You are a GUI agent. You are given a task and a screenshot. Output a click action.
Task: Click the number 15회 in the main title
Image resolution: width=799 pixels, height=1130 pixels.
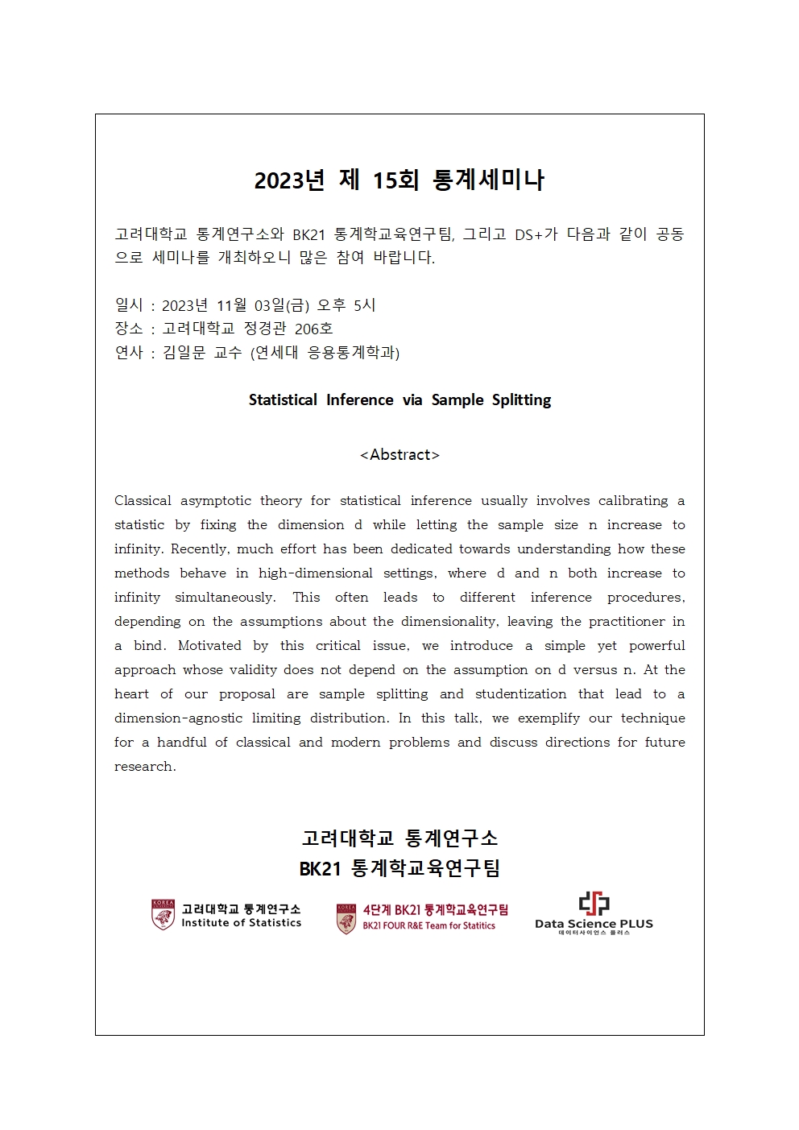coord(395,180)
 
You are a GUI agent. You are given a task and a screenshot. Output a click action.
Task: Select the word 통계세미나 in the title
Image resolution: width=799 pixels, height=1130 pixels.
coord(488,180)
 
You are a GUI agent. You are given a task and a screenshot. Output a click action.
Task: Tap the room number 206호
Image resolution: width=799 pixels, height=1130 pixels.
coord(313,329)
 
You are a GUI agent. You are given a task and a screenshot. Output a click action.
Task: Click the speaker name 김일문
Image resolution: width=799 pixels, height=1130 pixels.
coord(184,352)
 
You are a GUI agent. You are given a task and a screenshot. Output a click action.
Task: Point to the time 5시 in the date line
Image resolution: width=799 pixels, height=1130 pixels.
coord(364,305)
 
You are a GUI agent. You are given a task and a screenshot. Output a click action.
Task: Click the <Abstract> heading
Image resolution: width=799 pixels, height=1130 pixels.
coord(399,455)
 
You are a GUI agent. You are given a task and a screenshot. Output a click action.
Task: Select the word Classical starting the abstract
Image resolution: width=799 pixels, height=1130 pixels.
coord(143,500)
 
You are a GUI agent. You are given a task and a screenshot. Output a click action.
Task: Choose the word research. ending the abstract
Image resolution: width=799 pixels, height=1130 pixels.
coord(145,766)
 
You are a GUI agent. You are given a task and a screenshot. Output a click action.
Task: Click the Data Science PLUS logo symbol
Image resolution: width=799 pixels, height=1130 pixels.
coord(594,903)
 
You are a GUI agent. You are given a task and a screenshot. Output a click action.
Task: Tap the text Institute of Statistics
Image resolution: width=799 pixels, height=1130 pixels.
coord(241,923)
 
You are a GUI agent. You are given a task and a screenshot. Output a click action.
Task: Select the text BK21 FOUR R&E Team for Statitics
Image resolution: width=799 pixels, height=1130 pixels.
coord(428,926)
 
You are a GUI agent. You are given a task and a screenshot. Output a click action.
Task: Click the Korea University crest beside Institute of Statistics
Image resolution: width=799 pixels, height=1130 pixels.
coord(163,915)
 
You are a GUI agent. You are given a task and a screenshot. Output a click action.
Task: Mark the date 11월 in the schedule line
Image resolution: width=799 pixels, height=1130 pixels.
coord(232,305)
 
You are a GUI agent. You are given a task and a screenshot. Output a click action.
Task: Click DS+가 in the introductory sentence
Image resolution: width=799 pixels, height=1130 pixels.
coord(536,234)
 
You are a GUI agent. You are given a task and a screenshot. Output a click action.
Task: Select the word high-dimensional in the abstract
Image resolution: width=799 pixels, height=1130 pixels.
coord(315,573)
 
